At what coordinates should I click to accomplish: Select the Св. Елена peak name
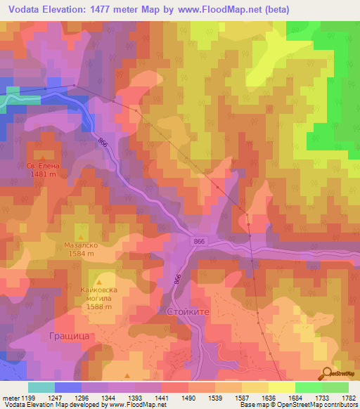pos(44,167)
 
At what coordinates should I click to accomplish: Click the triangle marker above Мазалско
pos(83,237)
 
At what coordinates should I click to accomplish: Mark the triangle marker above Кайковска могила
pos(108,279)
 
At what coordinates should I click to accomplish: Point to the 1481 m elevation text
pos(44,175)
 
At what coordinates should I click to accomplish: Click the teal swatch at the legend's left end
pos(41,387)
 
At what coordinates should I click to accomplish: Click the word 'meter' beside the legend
pos(9,397)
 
